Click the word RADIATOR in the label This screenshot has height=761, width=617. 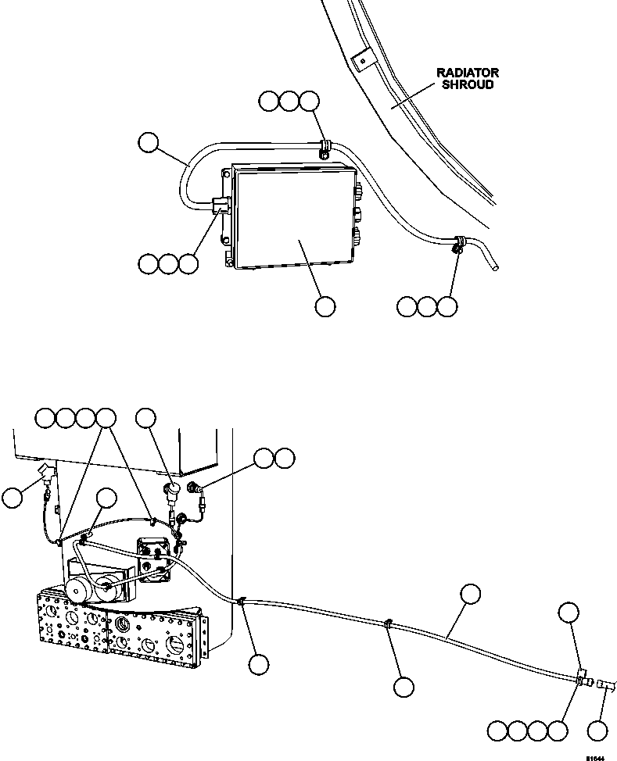467,73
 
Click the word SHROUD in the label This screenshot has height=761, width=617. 467,84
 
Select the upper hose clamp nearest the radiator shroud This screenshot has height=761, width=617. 324,145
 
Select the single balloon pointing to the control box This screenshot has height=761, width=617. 325,307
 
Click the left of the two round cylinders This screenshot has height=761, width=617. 77,591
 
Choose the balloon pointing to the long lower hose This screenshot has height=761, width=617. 471,594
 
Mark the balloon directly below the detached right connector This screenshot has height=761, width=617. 598,732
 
